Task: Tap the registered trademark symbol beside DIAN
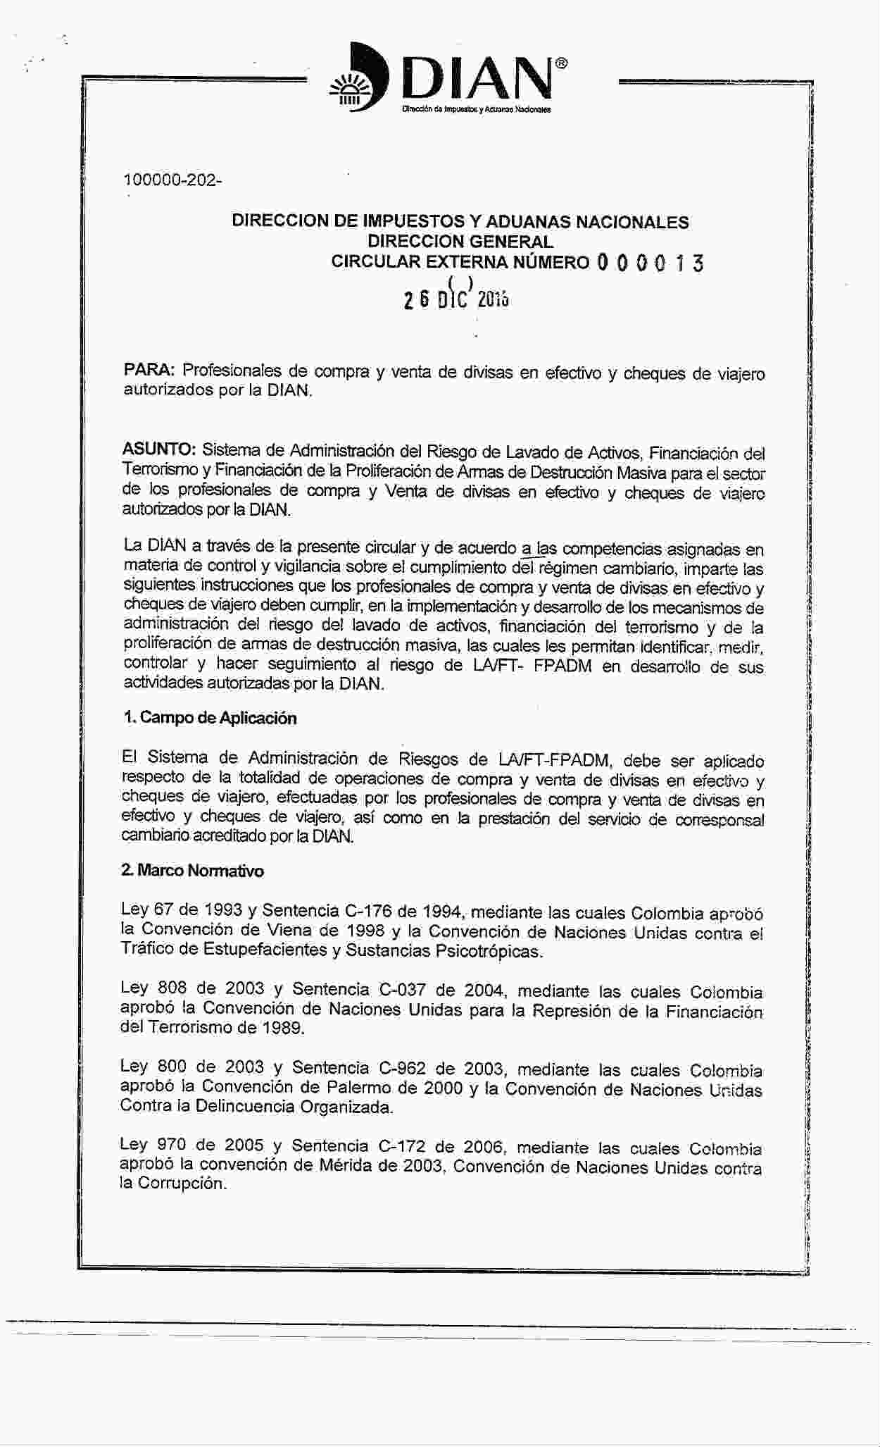[561, 63]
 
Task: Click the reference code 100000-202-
[172, 180]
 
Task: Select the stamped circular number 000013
[649, 263]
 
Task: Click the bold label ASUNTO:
[159, 449]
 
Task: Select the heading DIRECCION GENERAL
[460, 242]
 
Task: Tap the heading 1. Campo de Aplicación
[209, 718]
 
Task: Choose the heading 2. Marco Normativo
[192, 871]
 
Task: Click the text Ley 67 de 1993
[182, 909]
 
